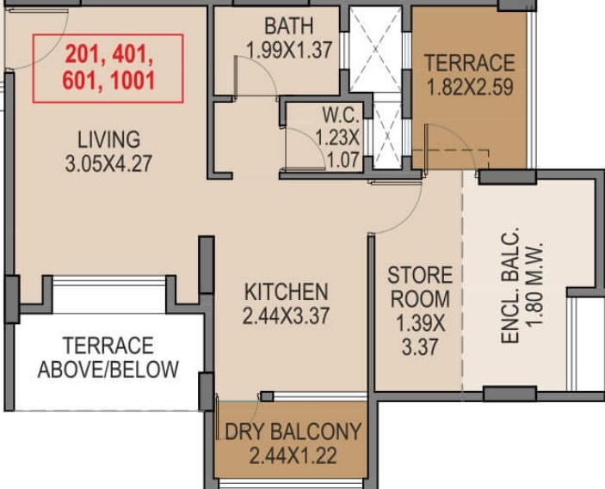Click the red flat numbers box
108,68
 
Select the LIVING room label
108,138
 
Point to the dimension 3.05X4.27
108,162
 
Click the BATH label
288,25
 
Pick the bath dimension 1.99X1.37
288,51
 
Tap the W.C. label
335,114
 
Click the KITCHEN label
285,290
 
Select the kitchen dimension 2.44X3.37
285,315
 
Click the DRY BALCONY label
293,431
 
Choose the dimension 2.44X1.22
293,455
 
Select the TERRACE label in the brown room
470,62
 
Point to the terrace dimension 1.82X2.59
470,86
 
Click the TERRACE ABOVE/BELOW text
108,358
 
